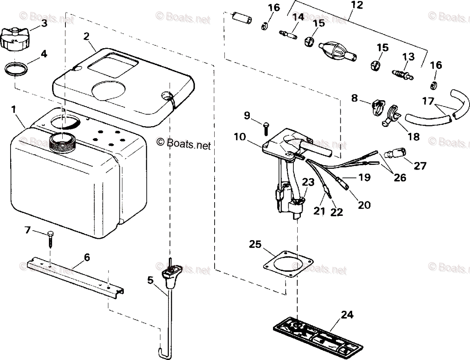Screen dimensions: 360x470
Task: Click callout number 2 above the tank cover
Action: pos(87,36)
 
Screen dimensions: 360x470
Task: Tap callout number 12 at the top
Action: pos(357,5)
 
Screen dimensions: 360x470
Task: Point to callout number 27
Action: pos(420,166)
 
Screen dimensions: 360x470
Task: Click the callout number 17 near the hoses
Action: pos(428,101)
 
